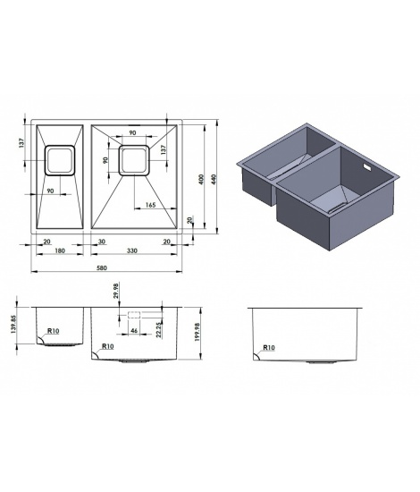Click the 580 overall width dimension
(x=102, y=267)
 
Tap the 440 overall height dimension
(x=214, y=179)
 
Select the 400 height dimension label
(x=202, y=179)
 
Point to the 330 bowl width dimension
(x=132, y=250)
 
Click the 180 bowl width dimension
(x=60, y=250)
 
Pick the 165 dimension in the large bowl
(x=150, y=205)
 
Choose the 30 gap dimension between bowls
(x=102, y=242)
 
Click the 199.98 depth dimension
(x=197, y=332)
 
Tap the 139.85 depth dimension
(x=13, y=324)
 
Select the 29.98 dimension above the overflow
(x=116, y=291)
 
